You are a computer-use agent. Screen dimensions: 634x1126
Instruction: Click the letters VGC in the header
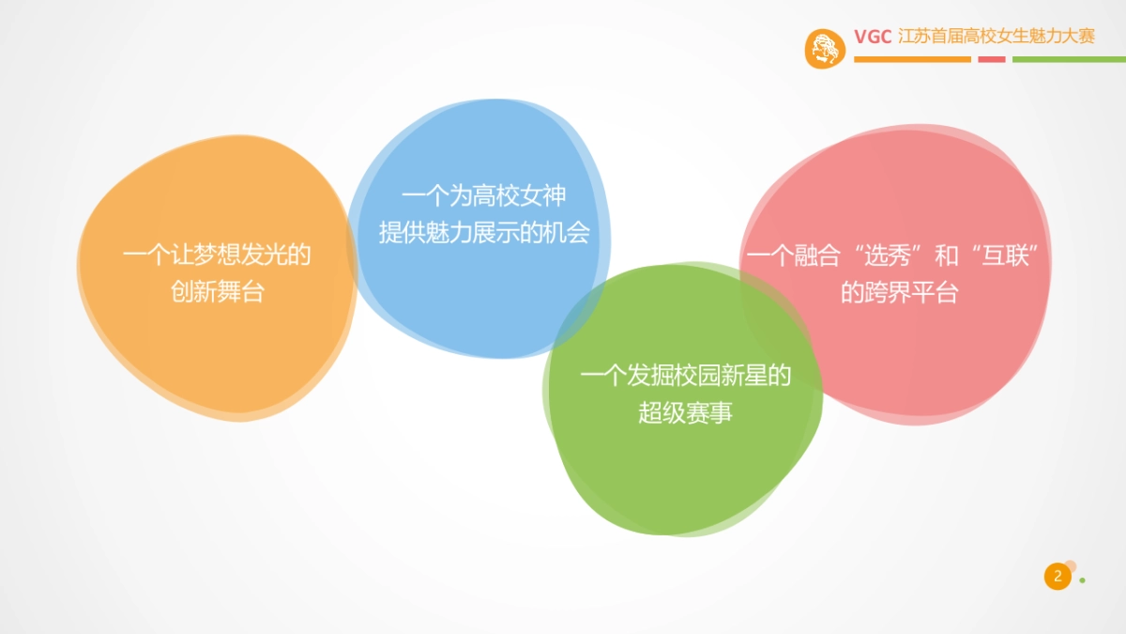872,37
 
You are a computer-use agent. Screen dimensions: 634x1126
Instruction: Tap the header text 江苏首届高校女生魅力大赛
997,37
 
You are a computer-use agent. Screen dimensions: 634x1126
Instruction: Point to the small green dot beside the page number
1082,580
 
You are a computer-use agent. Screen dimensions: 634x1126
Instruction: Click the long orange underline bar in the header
912,59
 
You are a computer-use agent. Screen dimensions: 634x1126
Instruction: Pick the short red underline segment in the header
991,59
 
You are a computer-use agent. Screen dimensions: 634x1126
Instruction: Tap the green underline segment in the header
1069,59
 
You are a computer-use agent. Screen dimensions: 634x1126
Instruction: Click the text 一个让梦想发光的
217,255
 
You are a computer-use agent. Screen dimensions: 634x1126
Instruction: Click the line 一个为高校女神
483,196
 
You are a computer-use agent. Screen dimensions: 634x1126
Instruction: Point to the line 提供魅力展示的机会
483,233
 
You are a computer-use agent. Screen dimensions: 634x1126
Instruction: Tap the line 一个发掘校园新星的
685,377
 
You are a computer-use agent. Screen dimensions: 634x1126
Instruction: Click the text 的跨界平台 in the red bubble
899,293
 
